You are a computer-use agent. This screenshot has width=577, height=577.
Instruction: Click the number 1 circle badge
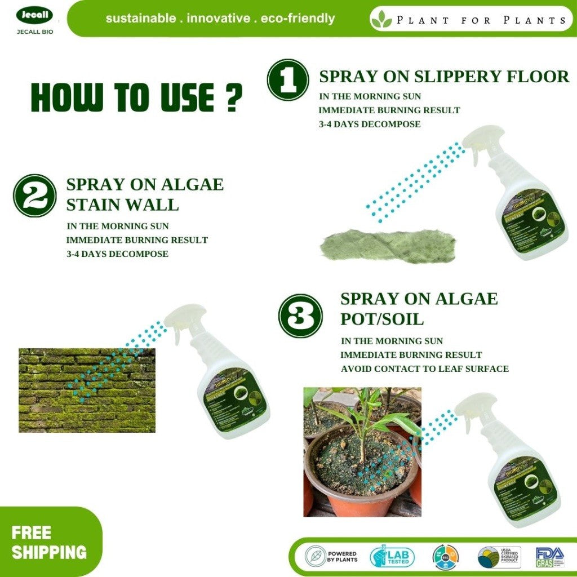point(287,80)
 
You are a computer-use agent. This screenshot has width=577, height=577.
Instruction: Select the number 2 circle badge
point(35,196)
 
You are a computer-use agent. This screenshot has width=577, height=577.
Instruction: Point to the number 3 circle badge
point(301,316)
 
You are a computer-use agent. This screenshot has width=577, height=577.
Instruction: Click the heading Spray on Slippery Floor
point(444,77)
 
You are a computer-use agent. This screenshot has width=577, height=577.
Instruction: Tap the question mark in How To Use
point(230,97)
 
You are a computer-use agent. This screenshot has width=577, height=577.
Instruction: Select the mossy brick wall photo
point(87,390)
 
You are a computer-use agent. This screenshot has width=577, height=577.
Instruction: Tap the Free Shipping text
point(48,542)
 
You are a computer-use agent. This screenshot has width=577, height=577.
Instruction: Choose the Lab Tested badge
point(392,557)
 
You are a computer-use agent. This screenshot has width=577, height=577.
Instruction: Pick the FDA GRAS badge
point(549,557)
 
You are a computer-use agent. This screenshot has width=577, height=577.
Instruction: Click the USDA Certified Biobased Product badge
point(499,557)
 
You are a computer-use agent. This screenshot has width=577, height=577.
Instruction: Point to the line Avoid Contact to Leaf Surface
point(424,369)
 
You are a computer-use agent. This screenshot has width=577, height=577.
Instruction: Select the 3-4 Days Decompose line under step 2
point(117,254)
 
